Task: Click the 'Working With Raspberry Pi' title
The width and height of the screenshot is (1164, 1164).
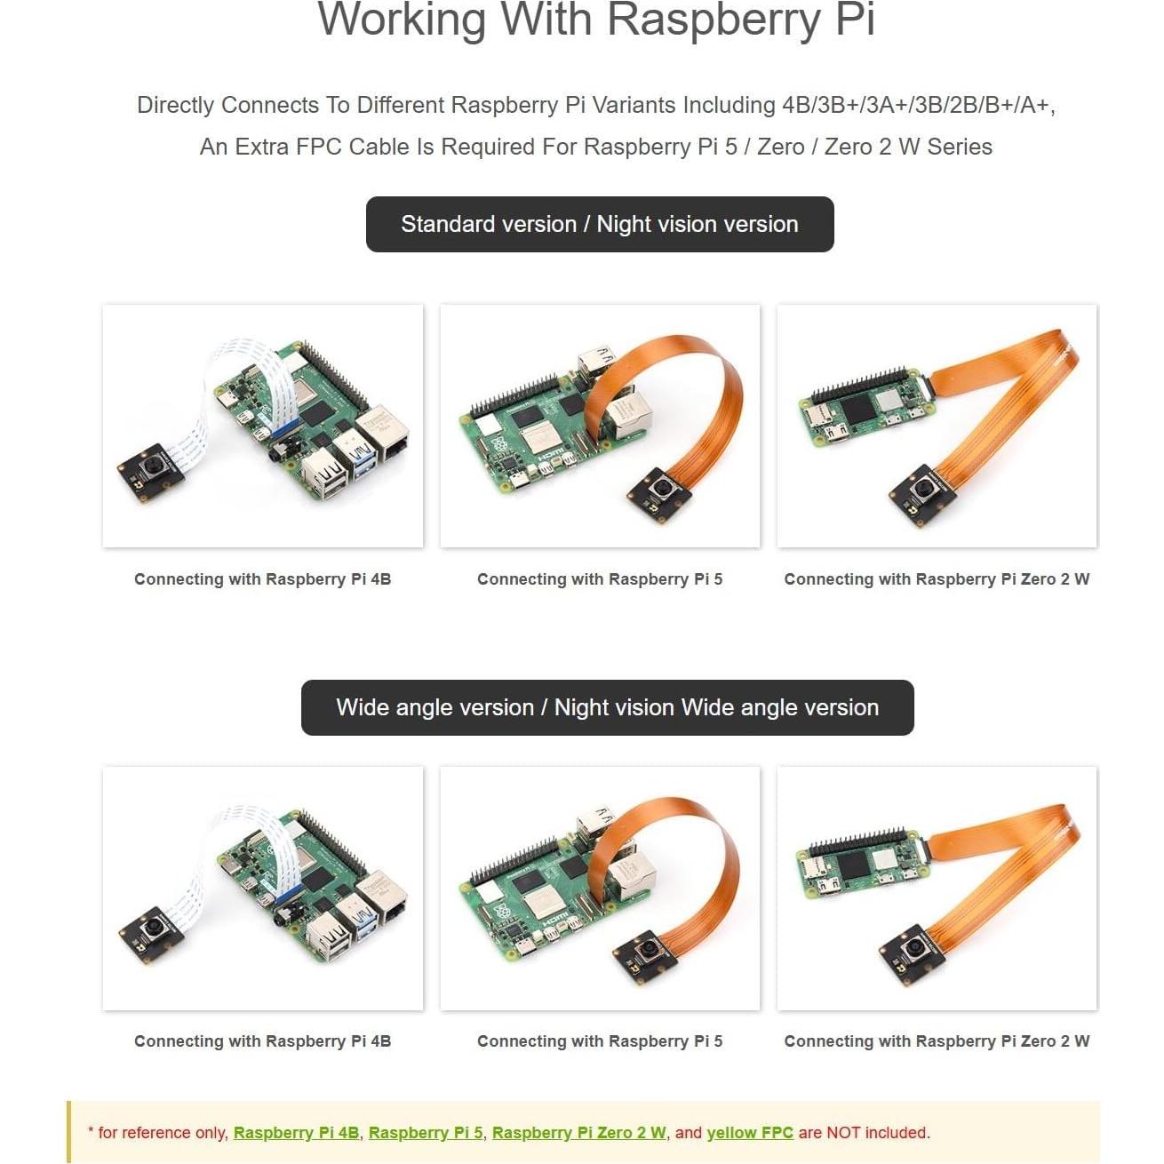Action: pyautogui.click(x=596, y=20)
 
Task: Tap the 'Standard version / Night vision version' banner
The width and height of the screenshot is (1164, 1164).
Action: pyautogui.click(x=600, y=224)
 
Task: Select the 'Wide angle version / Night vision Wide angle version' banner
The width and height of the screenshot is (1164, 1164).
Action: pyautogui.click(x=607, y=707)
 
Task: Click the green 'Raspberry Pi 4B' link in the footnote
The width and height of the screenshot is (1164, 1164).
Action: pyautogui.click(x=296, y=1133)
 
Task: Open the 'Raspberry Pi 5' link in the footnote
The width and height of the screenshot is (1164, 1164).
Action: pyautogui.click(x=426, y=1133)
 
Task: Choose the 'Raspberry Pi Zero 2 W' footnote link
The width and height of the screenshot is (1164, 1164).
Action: pyautogui.click(x=579, y=1133)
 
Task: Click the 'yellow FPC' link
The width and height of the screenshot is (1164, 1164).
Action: pyautogui.click(x=750, y=1133)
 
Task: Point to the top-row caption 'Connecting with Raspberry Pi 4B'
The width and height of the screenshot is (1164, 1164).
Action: pyautogui.click(x=263, y=579)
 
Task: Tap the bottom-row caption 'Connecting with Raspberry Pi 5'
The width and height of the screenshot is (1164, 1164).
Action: pyautogui.click(x=600, y=1041)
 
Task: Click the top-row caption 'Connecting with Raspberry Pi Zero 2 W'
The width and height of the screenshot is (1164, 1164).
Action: pyautogui.click(x=937, y=579)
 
